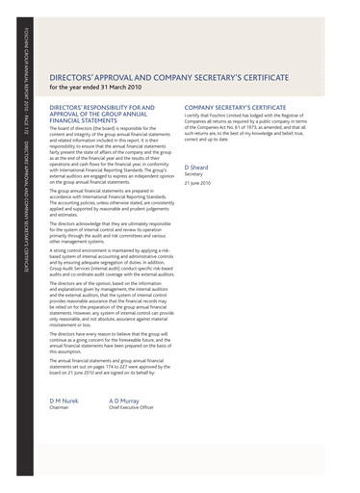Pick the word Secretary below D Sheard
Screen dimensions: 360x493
pos(194,175)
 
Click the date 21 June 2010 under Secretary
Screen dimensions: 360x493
pos(198,185)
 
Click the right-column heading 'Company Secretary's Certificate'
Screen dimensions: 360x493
pos(235,108)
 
